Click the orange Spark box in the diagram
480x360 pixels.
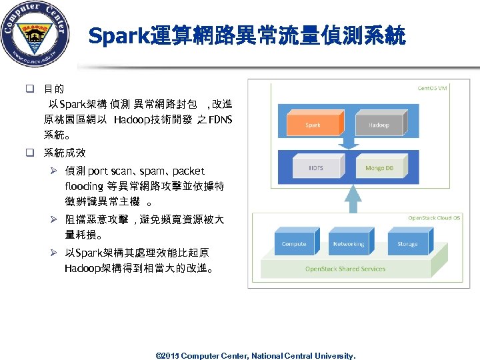[x=313, y=125]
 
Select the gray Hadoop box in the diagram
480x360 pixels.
[x=378, y=125]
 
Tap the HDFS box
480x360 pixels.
[x=315, y=168]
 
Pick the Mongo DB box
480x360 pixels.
[x=379, y=168]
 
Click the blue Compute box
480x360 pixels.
[x=293, y=244]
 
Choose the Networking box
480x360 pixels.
[x=349, y=244]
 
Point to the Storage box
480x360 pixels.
[x=407, y=244]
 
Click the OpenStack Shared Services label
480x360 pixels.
[x=345, y=269]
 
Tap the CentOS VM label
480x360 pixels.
[x=433, y=87]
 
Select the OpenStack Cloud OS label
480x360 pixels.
[x=434, y=218]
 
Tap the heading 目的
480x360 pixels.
[x=54, y=89]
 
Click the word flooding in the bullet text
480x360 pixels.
[x=84, y=186]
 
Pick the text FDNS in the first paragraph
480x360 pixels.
[x=219, y=121]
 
